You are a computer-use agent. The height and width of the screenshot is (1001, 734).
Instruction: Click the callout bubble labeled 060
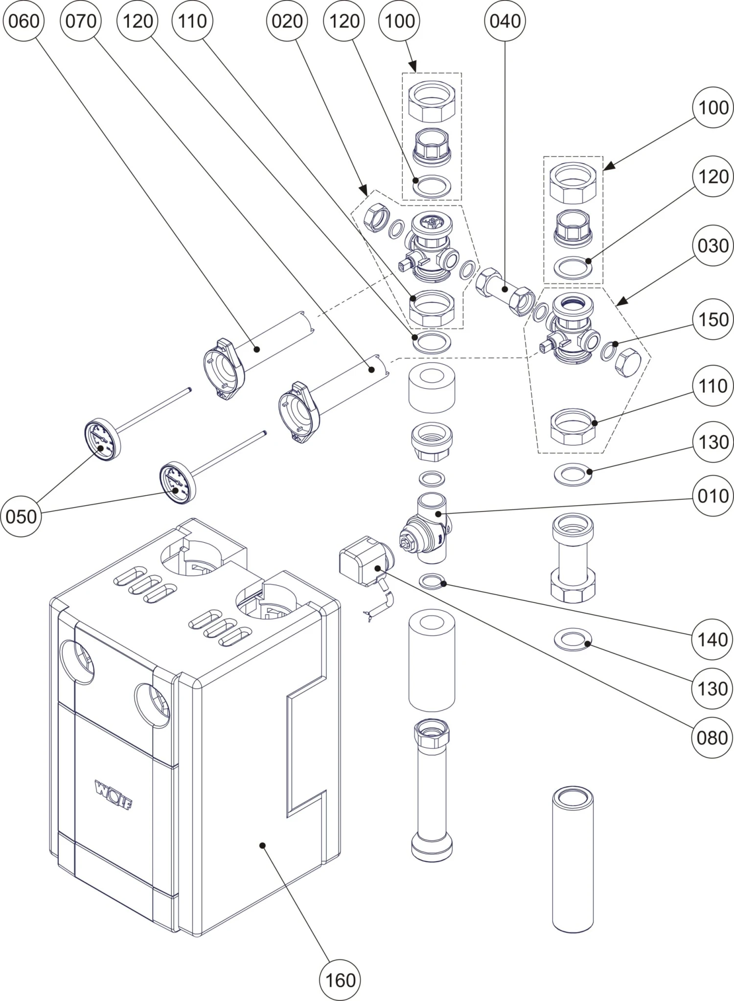point(23,21)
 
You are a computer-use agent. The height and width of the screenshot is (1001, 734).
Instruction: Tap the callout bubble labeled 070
point(81,21)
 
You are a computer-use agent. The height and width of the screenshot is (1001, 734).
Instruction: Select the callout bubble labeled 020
point(287,21)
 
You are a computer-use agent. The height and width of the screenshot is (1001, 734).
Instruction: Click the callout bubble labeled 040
point(505,21)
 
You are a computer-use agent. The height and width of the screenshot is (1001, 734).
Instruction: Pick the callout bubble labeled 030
point(713,245)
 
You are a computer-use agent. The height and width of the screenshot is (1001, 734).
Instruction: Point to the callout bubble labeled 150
point(713,319)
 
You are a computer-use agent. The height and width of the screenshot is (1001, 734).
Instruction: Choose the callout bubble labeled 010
point(713,496)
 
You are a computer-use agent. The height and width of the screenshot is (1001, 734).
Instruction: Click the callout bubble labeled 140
point(713,639)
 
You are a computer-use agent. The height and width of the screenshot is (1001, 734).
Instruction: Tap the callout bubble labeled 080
point(713,737)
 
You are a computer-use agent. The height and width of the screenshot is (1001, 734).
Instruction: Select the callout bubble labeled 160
point(340,980)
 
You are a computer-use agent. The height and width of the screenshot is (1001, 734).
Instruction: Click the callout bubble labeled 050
point(22,516)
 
